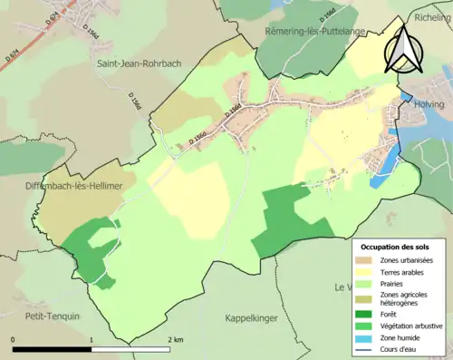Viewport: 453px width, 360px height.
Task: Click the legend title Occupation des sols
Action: point(396,247)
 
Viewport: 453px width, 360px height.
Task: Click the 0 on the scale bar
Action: point(13,339)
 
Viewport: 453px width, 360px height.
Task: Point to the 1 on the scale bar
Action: point(92,339)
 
